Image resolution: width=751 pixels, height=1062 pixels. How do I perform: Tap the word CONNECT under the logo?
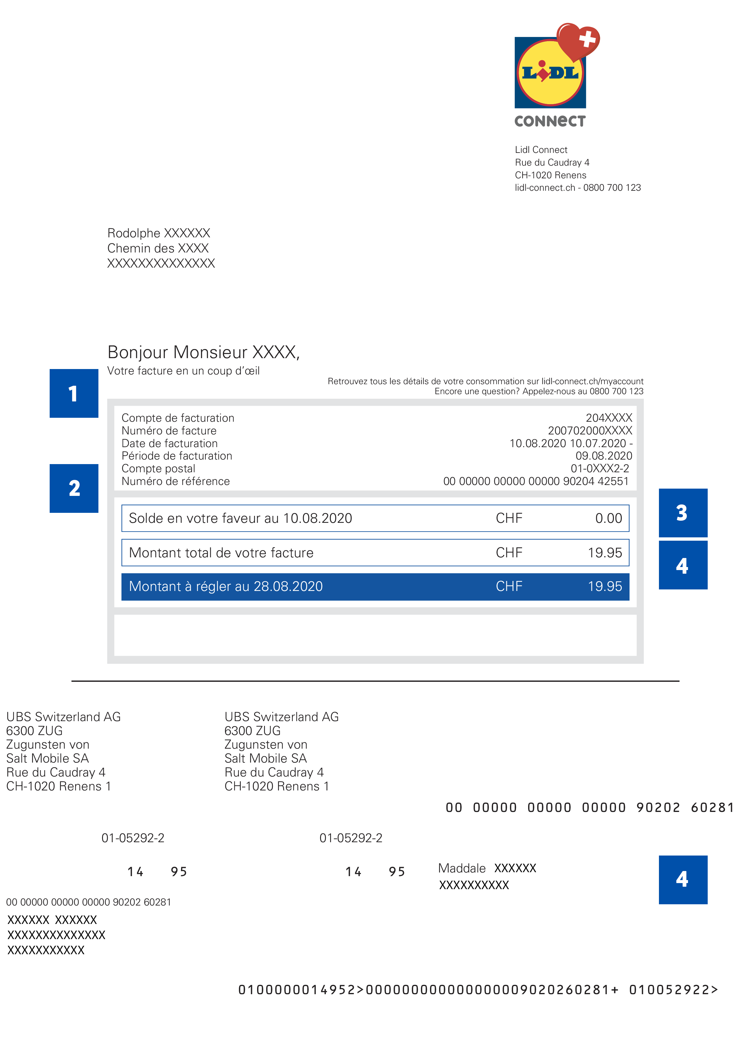pyautogui.click(x=550, y=121)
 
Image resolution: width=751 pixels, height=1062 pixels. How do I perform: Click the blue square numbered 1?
pyautogui.click(x=74, y=393)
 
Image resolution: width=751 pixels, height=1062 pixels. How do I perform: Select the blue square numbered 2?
pyautogui.click(x=74, y=488)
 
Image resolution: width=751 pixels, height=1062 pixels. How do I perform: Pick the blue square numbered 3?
pyautogui.click(x=683, y=513)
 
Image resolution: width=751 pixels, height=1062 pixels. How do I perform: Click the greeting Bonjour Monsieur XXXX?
pyautogui.click(x=203, y=352)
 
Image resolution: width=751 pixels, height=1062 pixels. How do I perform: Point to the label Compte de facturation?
pyautogui.click(x=178, y=418)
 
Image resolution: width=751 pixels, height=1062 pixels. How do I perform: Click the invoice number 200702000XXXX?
pyautogui.click(x=590, y=430)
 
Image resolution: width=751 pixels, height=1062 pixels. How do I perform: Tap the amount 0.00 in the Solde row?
pyautogui.click(x=608, y=518)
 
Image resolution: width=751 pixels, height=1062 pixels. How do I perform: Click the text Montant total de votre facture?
pyautogui.click(x=221, y=553)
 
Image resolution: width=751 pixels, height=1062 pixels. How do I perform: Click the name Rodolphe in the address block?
pyautogui.click(x=134, y=233)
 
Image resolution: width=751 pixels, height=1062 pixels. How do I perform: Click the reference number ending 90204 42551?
pyautogui.click(x=535, y=482)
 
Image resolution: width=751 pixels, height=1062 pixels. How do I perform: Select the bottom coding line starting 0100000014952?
pyautogui.click(x=478, y=990)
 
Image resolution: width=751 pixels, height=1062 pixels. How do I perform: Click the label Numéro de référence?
pyautogui.click(x=175, y=482)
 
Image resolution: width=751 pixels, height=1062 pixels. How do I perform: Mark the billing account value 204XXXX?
pyautogui.click(x=608, y=418)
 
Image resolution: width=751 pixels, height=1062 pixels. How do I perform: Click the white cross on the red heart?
pyautogui.click(x=587, y=38)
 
